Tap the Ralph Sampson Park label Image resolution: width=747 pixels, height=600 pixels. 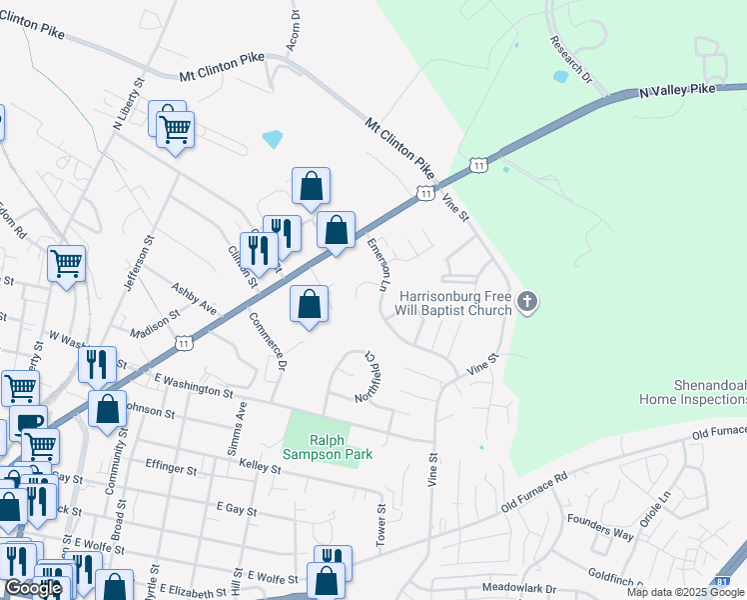[327, 447]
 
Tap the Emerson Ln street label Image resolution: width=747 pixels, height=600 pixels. [377, 264]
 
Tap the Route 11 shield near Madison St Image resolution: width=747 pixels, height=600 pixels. [183, 343]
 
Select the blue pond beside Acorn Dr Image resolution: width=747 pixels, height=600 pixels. [272, 139]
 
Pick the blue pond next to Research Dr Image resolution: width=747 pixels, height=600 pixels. [560, 76]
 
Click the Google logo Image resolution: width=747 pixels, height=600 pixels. [33, 588]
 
